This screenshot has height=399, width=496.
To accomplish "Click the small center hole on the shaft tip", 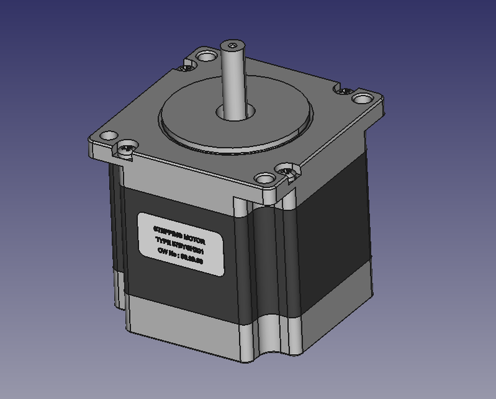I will [233, 46].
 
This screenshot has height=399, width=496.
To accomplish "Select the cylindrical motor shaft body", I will [233, 81].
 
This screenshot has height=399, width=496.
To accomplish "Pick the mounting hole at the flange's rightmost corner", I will [361, 98].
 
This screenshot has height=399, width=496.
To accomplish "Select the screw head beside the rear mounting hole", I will [185, 64].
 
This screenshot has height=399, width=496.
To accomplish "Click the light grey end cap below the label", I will [187, 318].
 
